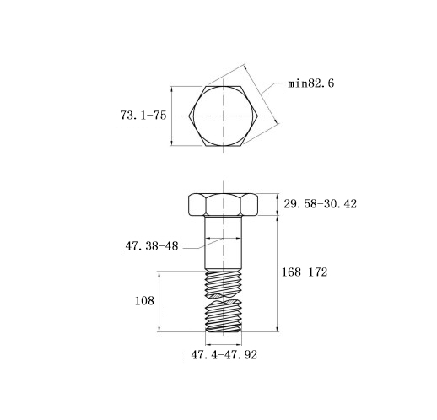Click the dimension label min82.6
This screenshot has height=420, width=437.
[310, 83]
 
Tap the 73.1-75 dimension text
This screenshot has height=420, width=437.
[143, 116]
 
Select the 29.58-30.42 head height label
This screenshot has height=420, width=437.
[320, 204]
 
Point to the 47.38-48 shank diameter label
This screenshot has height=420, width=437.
[152, 246]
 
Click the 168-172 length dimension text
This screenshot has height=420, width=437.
[305, 272]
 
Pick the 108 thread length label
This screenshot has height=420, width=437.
[144, 301]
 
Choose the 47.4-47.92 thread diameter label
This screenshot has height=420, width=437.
[224, 355]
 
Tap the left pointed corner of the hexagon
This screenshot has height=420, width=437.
[188, 116]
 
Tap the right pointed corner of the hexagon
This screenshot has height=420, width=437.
[258, 116]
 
